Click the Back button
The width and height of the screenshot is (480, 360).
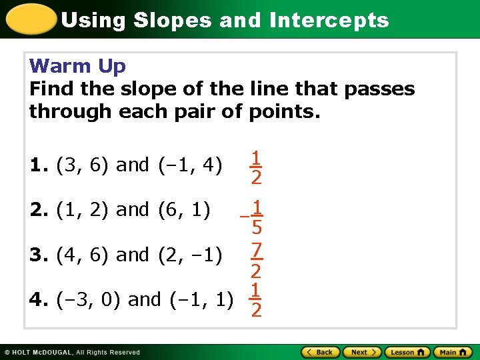pos(321,352)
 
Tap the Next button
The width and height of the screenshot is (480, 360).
pos(363,352)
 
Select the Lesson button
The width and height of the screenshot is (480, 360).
pos(407,352)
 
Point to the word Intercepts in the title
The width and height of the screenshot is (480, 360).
pos(329,20)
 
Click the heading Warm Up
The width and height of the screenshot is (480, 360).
pos(77,66)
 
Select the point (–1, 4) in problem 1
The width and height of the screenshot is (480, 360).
pos(190,165)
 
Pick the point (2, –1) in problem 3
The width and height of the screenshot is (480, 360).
pos(190,255)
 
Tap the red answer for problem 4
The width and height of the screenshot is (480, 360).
pos(255,300)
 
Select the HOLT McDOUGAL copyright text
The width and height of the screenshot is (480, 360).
pos(72,352)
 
